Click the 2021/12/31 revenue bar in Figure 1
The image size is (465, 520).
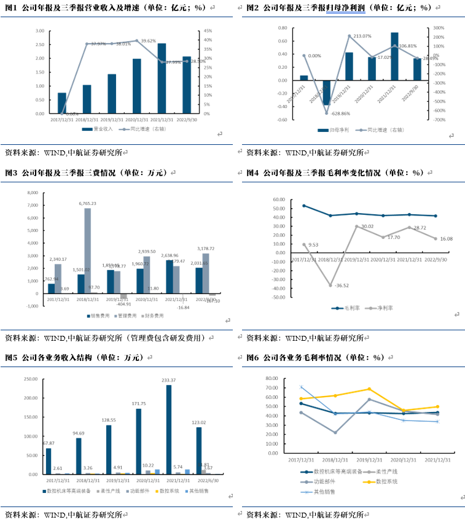162,79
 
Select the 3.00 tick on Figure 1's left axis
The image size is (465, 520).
39,31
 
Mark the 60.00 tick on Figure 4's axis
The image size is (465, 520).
278,200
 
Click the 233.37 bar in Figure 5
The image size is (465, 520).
169,429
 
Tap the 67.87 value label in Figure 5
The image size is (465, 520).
49,443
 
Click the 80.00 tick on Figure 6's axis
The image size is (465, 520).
272,379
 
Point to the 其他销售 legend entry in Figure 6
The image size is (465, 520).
326,492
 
